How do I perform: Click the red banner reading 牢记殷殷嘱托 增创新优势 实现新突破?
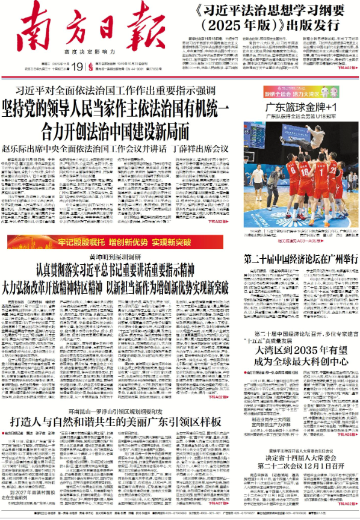click(x=120, y=242)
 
